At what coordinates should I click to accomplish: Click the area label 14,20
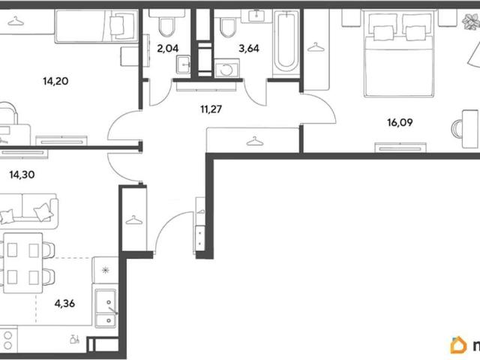pyautogui.click(x=55, y=82)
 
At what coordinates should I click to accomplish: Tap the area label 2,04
pyautogui.click(x=168, y=48)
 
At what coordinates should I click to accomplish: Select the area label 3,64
pyautogui.click(x=249, y=48)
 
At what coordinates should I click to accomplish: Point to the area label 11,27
pyautogui.click(x=211, y=109)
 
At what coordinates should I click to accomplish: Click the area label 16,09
pyautogui.click(x=400, y=122)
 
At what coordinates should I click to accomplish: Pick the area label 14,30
pyautogui.click(x=22, y=175)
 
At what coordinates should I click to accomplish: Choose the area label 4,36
pyautogui.click(x=64, y=303)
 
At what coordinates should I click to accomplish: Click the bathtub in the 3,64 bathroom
pyautogui.click(x=286, y=42)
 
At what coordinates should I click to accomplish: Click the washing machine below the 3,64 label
pyautogui.click(x=226, y=68)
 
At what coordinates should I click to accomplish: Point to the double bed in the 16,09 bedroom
pyautogui.click(x=399, y=54)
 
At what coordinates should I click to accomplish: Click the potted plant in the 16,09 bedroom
pyautogui.click(x=472, y=22)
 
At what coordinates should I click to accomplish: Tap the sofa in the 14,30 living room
pyautogui.click(x=28, y=211)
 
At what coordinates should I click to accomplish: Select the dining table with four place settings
pyautogui.click(x=23, y=263)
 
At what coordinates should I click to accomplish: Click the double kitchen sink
pyautogui.click(x=106, y=308)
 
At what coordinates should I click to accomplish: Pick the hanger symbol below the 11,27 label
pyautogui.click(x=255, y=142)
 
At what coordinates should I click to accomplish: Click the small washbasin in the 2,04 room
pyautogui.click(x=183, y=65)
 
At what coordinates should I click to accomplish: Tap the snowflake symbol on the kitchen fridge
pyautogui.click(x=105, y=270)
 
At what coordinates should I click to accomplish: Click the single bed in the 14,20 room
pyautogui.click(x=97, y=26)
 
